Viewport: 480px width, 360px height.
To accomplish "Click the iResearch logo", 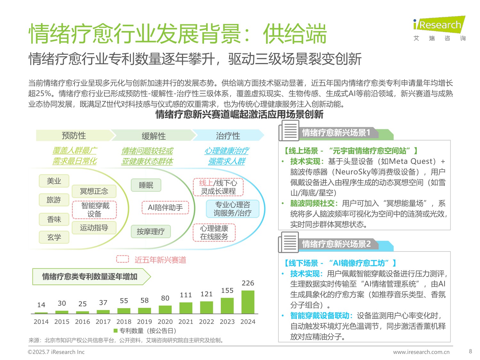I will coord(439,28).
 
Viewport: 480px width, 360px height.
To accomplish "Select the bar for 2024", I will coord(248,302).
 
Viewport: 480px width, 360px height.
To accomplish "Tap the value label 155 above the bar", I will coord(227,291).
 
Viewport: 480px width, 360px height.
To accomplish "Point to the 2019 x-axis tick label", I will coord(144,322).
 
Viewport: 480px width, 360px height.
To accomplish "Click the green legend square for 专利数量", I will coord(116,331).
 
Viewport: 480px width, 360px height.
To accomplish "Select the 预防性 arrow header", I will coord(74,135).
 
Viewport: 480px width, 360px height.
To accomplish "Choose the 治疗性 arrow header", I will coord(228,136).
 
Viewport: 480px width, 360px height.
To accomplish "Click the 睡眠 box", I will coord(146,185).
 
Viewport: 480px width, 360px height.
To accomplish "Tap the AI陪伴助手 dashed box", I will coord(165,208).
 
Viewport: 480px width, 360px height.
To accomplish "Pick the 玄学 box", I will coord(54,237).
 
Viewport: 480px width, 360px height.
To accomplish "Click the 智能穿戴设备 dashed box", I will coord(95,210).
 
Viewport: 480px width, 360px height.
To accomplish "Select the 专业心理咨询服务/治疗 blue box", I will coord(232,209).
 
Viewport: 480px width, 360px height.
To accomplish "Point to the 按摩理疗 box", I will coord(151,231).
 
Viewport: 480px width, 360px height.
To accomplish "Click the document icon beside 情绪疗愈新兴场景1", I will coord(289,131).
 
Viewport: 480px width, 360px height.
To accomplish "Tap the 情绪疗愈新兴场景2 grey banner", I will coord(336,244).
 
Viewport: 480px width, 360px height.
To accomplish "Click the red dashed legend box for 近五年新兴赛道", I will coord(123,259).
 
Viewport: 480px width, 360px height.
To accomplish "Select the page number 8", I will coord(470,351).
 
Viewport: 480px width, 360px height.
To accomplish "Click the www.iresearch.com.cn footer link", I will coord(421,352).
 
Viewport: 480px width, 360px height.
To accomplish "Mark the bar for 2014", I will coord(41,313).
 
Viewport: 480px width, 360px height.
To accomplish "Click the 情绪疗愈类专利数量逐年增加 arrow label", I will coord(91,276).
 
